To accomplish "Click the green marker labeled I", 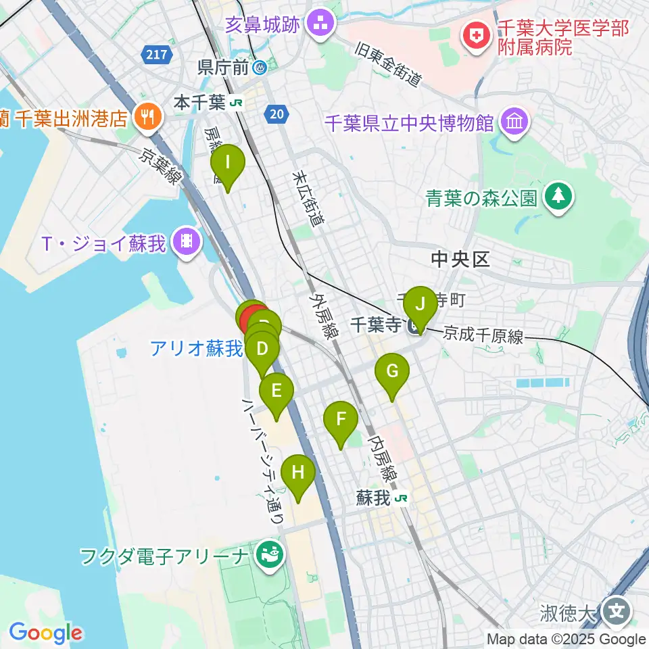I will click(x=228, y=164).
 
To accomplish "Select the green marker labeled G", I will click(x=392, y=372).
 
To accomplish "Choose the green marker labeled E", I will click(x=276, y=391).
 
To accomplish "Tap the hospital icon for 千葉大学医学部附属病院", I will click(x=477, y=37).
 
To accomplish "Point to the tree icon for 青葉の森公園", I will click(x=558, y=197).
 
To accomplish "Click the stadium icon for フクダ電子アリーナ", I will click(x=270, y=556).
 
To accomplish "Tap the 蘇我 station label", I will click(x=373, y=499).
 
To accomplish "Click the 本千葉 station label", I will click(x=199, y=103).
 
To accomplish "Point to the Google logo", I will click(x=45, y=633).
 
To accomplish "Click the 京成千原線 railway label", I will click(x=483, y=335).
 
